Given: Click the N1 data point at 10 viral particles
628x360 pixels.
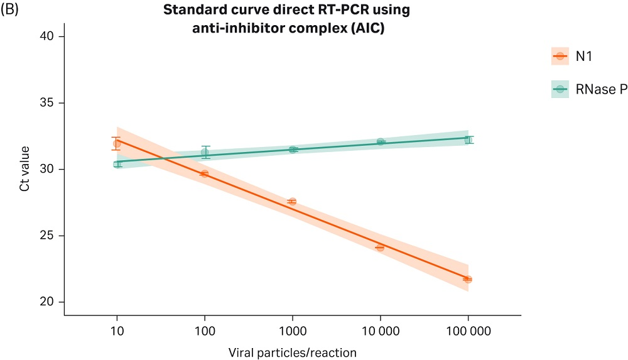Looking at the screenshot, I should (117, 144).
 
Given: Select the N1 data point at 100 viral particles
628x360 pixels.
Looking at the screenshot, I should (204, 173).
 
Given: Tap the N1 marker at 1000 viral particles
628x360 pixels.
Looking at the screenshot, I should (292, 202).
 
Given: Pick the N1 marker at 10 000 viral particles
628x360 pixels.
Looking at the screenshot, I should (380, 248).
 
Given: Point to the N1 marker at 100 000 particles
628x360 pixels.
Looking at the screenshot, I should (468, 279).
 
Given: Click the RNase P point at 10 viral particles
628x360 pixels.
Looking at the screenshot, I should (117, 164).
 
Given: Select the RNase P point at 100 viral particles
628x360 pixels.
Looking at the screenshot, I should (205, 153).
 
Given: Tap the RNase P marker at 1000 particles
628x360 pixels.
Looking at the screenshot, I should (293, 150).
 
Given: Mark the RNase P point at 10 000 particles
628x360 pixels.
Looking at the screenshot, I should (381, 142).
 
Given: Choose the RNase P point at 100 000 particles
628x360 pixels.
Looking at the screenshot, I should (468, 139).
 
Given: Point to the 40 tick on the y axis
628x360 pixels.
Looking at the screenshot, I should (50, 36).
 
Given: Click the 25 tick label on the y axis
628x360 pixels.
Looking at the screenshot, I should (50, 236).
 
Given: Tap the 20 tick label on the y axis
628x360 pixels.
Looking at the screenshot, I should (50, 302).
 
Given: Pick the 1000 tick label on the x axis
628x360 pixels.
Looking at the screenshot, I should (292, 330).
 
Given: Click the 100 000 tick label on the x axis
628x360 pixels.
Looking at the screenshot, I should (468, 330).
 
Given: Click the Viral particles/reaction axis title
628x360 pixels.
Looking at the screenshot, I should (293, 352).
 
